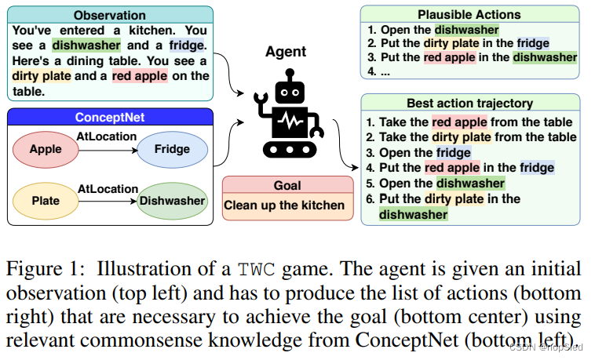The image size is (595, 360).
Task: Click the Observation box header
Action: pos(109,15)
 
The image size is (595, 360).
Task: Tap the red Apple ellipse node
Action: pos(45,149)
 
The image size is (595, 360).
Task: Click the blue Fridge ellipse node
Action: pos(172,149)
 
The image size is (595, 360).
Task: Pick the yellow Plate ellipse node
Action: pos(45,200)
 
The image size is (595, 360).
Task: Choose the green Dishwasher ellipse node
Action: pos(172,200)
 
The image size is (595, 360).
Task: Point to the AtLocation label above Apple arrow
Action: pos(108,137)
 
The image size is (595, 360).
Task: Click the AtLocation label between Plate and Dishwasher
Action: pos(108,189)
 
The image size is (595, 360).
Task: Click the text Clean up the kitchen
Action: pos(284,205)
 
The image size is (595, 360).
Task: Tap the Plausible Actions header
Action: pos(469,15)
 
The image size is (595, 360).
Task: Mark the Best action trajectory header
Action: pos(469,103)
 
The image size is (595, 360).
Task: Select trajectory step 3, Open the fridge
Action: pos(425,152)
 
